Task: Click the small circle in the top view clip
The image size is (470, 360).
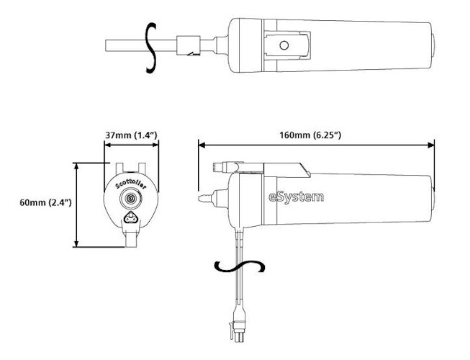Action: pos(284,46)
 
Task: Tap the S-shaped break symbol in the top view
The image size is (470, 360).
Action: pos(150,47)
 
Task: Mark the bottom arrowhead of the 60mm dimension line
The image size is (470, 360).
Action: pos(77,245)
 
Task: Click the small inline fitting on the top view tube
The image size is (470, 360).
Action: pos(189,47)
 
